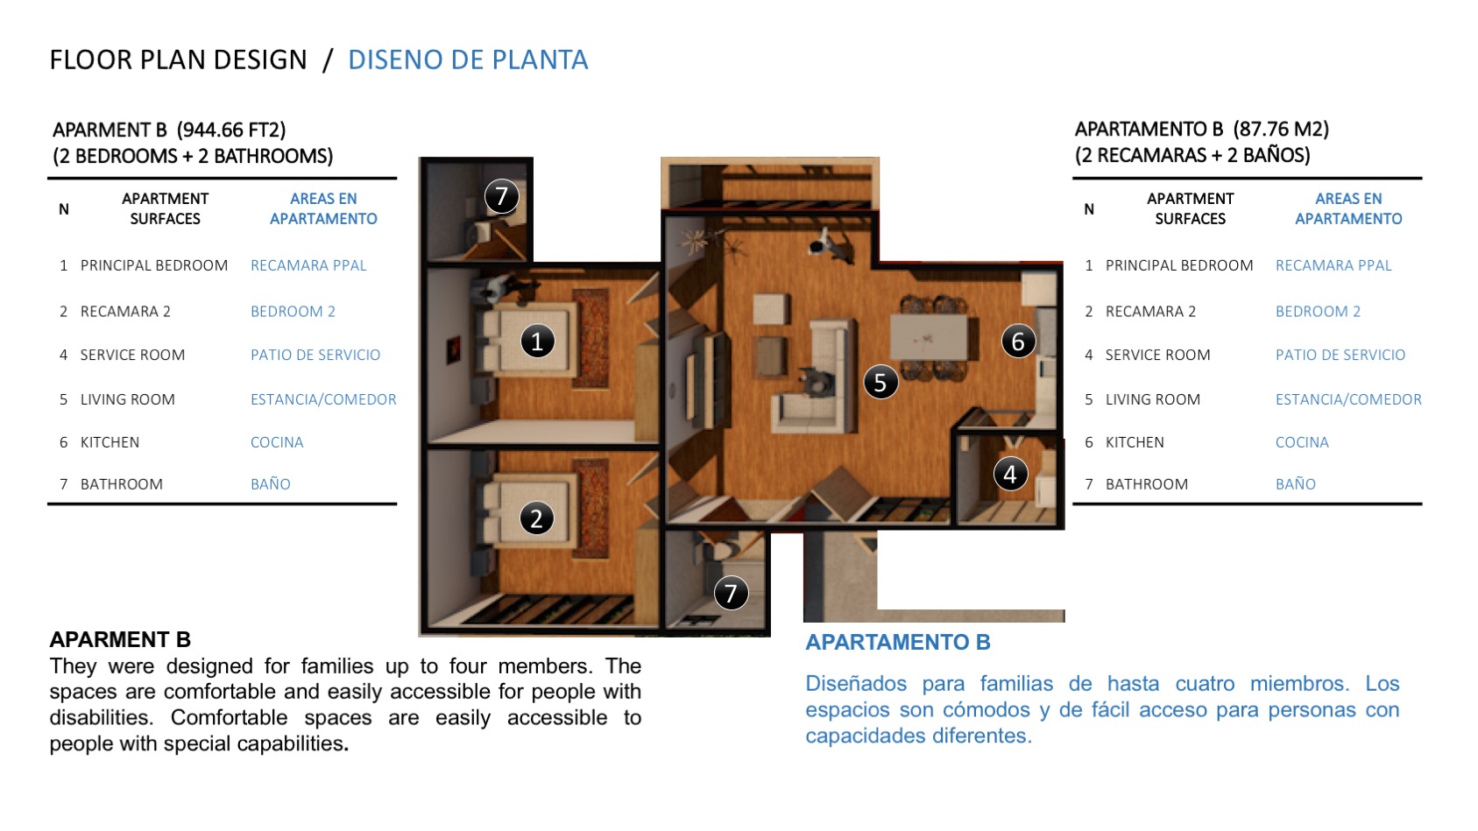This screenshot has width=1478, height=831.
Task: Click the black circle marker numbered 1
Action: coord(537,341)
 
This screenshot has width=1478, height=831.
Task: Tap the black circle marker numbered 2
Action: coord(536,518)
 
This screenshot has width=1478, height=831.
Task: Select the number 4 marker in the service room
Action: coord(1010,474)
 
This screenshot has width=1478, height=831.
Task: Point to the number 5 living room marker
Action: coord(880,382)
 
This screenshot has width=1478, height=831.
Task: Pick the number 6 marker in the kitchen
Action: coord(1018,341)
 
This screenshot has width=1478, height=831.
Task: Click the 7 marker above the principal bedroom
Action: coord(501,196)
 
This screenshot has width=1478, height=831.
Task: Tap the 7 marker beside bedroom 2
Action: coord(731,592)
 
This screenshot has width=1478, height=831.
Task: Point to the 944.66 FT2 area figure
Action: coord(231,130)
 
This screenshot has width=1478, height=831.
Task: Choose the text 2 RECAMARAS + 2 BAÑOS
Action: coord(1192,156)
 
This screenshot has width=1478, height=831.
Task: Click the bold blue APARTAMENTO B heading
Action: coord(898,642)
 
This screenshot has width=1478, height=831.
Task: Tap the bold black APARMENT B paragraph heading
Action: coord(120,639)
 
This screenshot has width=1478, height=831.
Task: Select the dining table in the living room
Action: coord(930,337)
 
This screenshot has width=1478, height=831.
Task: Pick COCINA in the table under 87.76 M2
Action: coord(1302,442)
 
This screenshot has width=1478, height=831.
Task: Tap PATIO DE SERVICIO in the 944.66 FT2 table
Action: coord(315,355)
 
